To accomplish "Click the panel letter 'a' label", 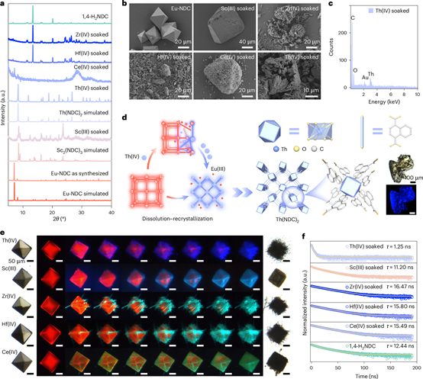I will pyautogui.click(x=3, y=5).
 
